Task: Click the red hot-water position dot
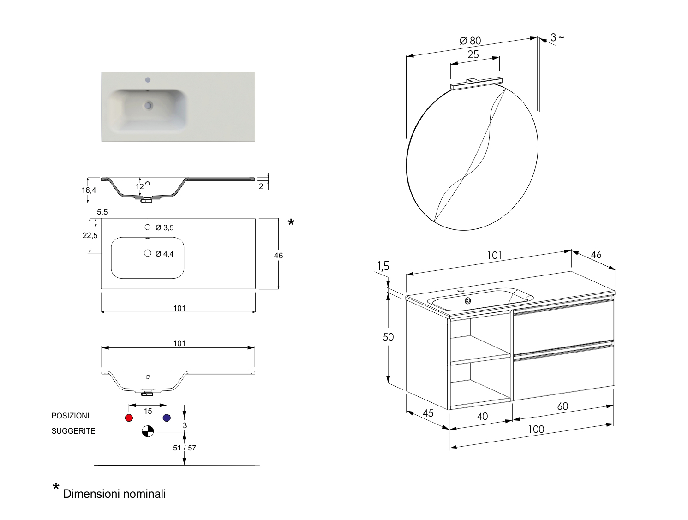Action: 129,418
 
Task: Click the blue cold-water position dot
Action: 167,418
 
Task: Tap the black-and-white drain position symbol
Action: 148,431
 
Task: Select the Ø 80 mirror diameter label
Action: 470,41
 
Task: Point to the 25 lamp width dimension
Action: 473,54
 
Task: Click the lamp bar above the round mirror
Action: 476,83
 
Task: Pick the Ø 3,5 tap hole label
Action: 164,227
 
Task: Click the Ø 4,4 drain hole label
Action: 164,254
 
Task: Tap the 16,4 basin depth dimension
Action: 89,190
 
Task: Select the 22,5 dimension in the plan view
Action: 90,235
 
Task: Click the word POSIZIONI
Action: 70,416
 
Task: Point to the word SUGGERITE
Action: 73,431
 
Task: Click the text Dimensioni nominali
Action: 114,494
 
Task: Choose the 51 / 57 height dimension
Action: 185,448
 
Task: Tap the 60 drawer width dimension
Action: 562,406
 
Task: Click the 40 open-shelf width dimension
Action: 482,417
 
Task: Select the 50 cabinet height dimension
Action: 388,337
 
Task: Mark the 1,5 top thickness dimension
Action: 383,266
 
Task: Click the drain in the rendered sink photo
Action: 148,106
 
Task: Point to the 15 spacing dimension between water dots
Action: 148,411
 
